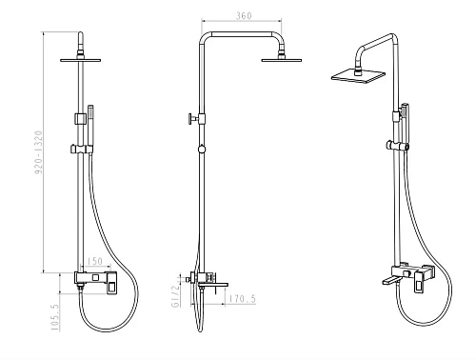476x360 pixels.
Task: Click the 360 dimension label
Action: tap(244, 15)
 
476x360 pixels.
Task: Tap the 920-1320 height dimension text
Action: tap(38, 152)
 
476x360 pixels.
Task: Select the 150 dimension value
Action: tap(95, 261)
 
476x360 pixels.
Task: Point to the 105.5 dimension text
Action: tap(55, 317)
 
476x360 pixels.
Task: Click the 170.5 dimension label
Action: tap(242, 299)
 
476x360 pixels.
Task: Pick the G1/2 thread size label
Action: tap(175, 296)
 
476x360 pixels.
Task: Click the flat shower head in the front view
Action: tap(81, 60)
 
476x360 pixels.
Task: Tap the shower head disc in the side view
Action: tap(282, 60)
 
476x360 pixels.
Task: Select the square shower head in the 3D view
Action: tap(358, 76)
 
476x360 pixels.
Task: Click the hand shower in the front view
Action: tap(90, 127)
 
